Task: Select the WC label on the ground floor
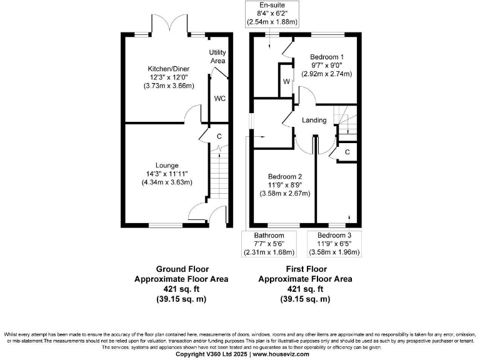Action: coord(220,99)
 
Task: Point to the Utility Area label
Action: coord(217,57)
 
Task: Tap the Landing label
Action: coord(314,120)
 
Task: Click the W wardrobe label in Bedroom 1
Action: coord(286,82)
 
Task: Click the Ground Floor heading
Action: coord(181,269)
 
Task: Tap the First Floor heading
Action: coord(305,269)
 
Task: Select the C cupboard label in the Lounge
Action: coord(219,136)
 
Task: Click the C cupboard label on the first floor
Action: coord(347,152)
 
